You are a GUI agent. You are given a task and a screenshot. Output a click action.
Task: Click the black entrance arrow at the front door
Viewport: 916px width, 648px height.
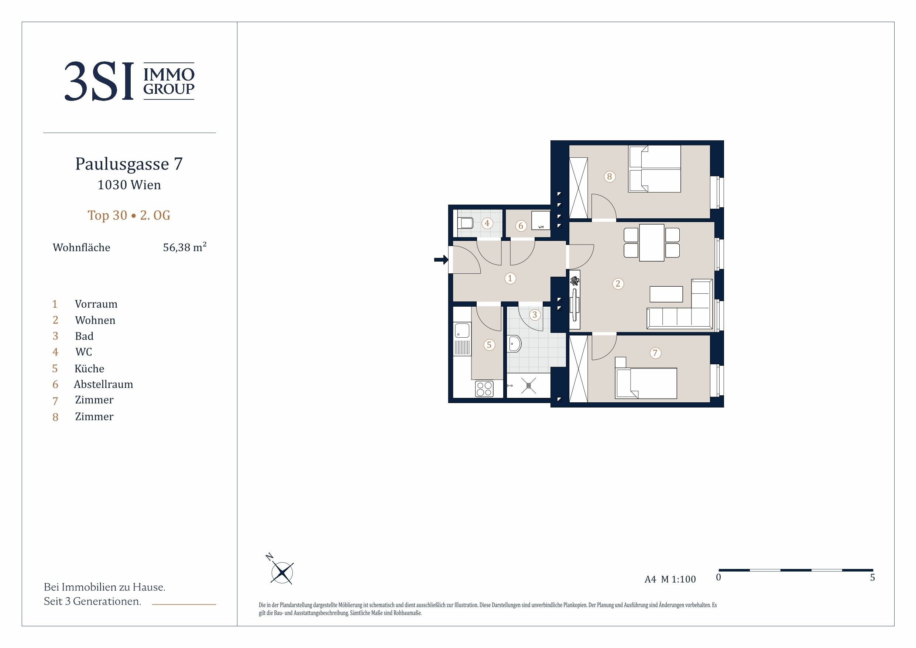(x=441, y=260)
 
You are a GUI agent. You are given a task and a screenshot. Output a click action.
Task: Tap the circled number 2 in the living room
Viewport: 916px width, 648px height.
(x=618, y=284)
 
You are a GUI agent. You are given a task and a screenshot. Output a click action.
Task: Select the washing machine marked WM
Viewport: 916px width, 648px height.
(x=541, y=220)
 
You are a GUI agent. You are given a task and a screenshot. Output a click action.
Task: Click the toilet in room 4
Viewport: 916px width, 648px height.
(x=466, y=223)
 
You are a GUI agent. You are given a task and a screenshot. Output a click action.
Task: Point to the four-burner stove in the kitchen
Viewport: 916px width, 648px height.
(x=484, y=389)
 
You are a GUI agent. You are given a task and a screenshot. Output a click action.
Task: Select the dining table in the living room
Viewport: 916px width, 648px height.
(x=652, y=243)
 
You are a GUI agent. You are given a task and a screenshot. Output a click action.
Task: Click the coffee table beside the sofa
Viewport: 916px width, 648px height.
(x=666, y=294)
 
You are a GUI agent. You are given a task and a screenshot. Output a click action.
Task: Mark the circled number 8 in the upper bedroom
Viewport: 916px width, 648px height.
(x=609, y=177)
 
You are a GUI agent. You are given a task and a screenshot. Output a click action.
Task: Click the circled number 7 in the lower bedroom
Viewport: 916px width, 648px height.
(x=655, y=353)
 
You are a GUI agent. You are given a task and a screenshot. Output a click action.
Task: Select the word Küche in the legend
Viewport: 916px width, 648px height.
(x=89, y=368)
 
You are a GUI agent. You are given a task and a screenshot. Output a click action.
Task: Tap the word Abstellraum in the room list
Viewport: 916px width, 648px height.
(x=103, y=384)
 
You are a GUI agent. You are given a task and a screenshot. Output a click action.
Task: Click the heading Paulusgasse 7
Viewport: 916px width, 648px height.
(x=129, y=164)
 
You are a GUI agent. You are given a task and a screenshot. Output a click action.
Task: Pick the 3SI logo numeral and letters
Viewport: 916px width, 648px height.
(x=99, y=81)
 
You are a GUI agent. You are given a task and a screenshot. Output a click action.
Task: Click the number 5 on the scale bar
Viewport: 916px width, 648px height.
(x=872, y=578)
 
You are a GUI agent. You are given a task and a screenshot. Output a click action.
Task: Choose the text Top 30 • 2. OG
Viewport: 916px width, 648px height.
(x=129, y=215)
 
